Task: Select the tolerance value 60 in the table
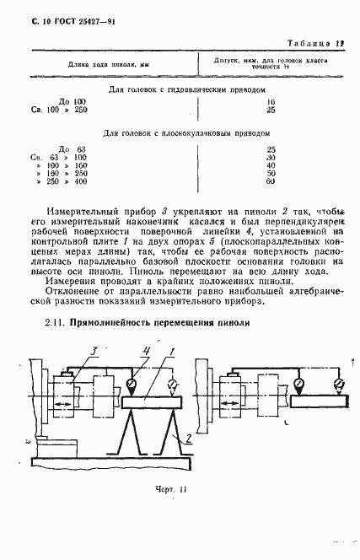(x=271, y=181)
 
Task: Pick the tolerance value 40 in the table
(x=271, y=164)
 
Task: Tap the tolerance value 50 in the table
(x=271, y=173)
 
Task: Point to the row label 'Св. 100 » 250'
(x=59, y=109)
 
